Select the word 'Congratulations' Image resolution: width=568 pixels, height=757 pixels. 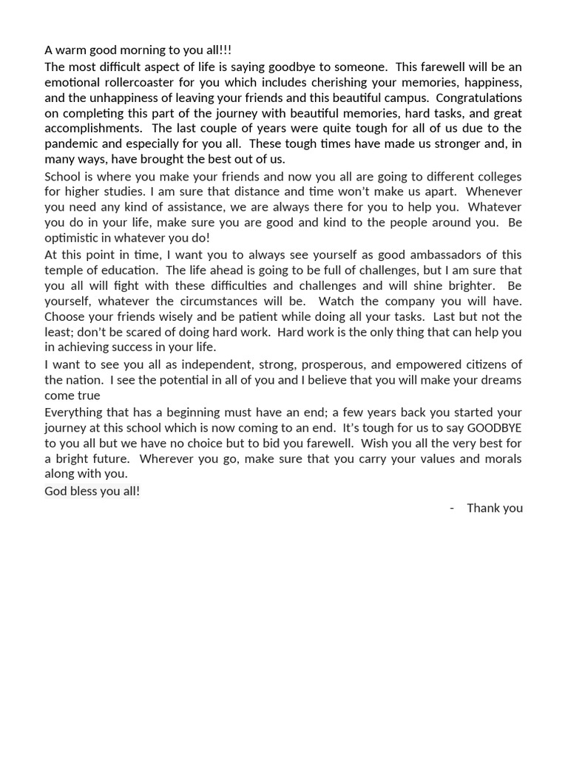click(480, 98)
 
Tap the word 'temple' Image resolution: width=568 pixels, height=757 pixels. click(64, 270)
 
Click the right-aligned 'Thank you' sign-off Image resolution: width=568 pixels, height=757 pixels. click(495, 508)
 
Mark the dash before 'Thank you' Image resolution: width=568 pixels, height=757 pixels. click(452, 508)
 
